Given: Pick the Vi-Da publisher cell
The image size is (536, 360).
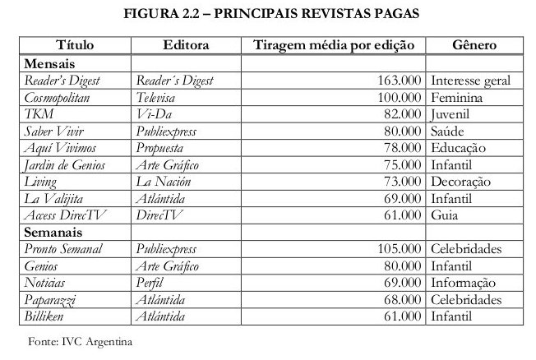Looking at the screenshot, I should pyautogui.click(x=153, y=114).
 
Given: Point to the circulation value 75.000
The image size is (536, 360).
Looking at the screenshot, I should pyautogui.click(x=400, y=165).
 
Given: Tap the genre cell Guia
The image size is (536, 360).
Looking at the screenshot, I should pyautogui.click(x=445, y=216).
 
